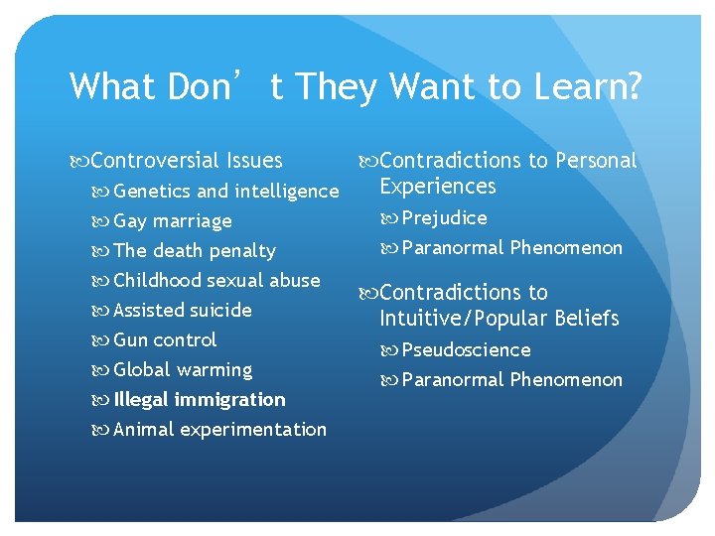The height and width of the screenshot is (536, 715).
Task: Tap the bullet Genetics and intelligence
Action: coord(225,191)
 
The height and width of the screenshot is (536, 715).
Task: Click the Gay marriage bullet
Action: coord(172,220)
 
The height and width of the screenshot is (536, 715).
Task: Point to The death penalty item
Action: coord(194,250)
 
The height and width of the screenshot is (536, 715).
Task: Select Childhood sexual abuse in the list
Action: coord(216,280)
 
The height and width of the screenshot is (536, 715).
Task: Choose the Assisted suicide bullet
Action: coord(182,310)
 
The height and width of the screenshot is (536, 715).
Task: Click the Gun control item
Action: coord(164,339)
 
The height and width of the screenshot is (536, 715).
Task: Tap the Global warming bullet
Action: coord(183,369)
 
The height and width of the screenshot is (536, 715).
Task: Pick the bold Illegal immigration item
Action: coord(199,399)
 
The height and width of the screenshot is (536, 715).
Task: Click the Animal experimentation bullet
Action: coord(219,429)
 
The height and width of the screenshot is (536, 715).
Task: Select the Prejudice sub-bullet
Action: coord(444,217)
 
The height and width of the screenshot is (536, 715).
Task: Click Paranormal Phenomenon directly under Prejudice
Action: coord(511,247)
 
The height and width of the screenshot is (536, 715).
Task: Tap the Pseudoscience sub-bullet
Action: coord(466,349)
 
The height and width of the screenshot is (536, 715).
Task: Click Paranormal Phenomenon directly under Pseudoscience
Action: coord(511,379)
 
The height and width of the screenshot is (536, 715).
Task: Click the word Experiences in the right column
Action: coord(437,187)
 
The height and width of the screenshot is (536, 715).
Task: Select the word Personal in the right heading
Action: coord(596,161)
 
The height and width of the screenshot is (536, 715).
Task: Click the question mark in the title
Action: coord(634,86)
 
